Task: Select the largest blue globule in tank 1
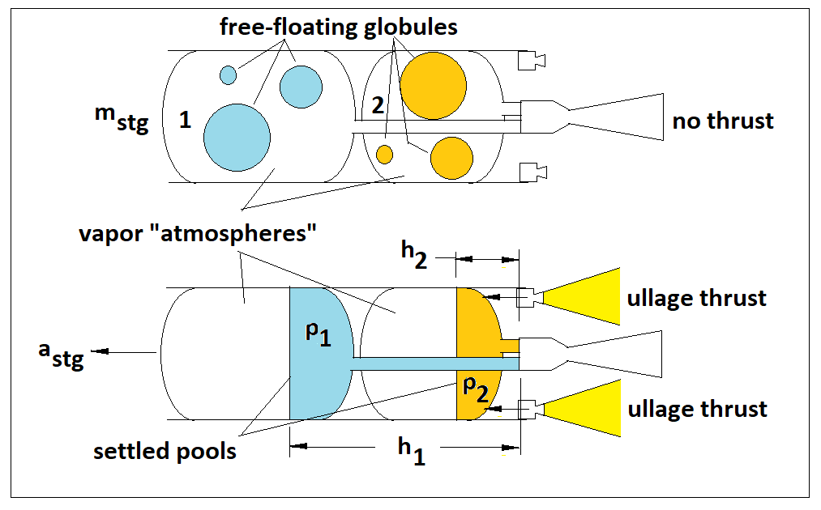click(x=236, y=137)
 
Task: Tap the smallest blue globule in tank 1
click(x=228, y=75)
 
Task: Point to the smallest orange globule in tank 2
click(x=384, y=154)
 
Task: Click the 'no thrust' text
click(x=723, y=121)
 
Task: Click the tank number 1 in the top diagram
click(x=185, y=121)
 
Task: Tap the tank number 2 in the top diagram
click(x=376, y=104)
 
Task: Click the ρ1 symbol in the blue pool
click(x=318, y=334)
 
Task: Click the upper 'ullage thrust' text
click(x=696, y=298)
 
